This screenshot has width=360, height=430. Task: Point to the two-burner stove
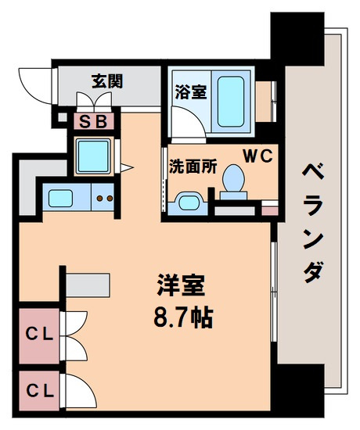104,197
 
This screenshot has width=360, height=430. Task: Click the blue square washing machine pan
95,156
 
